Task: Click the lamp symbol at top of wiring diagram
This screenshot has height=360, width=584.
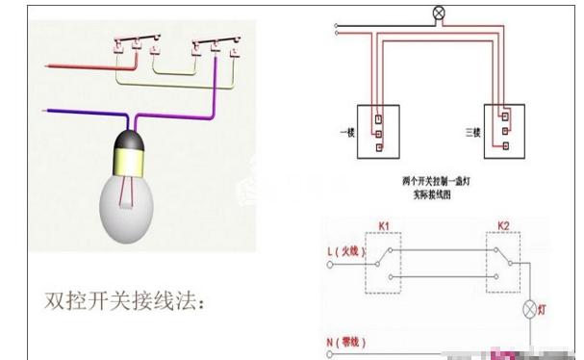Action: point(441,13)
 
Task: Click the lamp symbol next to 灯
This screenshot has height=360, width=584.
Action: point(526,310)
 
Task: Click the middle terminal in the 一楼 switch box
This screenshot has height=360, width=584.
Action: point(379,129)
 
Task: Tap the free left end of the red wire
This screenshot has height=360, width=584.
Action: point(45,67)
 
